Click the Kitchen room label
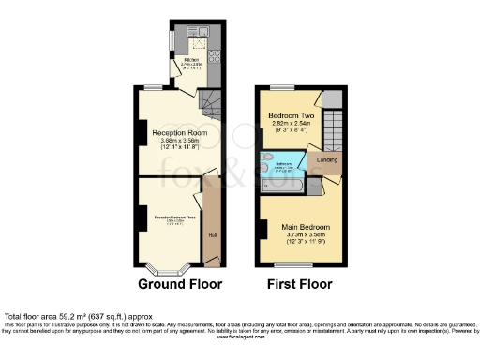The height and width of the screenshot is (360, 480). [x=188, y=58]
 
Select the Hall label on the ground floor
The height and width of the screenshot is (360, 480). [x=212, y=234]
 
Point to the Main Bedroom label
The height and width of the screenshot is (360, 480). [x=302, y=227]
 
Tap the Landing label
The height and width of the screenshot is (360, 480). [x=327, y=159]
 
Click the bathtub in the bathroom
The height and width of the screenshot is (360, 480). [x=281, y=187]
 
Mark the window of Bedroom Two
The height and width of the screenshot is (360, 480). [x=278, y=86]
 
